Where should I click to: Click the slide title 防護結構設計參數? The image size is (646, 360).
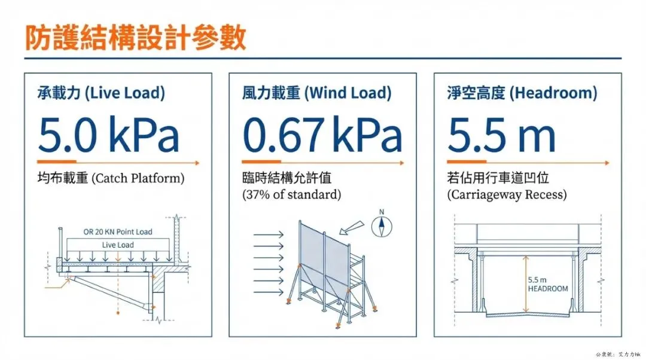coord(135,38)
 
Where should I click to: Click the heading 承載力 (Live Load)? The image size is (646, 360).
coord(100,93)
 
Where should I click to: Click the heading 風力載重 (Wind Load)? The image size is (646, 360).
coord(316,93)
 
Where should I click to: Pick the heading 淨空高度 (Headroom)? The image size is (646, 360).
coord(522,93)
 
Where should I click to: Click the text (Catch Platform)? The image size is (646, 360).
coord(139,179)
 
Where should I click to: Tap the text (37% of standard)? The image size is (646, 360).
coord(291,194)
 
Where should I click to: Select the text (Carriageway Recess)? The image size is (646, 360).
coord(507,194)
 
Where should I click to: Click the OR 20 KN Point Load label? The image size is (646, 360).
coord(118,232)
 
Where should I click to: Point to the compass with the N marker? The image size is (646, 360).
coord(380,225)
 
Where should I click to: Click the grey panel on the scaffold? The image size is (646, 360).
coord(323,260)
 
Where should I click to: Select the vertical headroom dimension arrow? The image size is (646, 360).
coord(525,284)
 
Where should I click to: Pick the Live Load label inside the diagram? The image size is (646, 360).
coord(118,245)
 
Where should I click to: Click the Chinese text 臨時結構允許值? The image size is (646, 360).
coord(279,179)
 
